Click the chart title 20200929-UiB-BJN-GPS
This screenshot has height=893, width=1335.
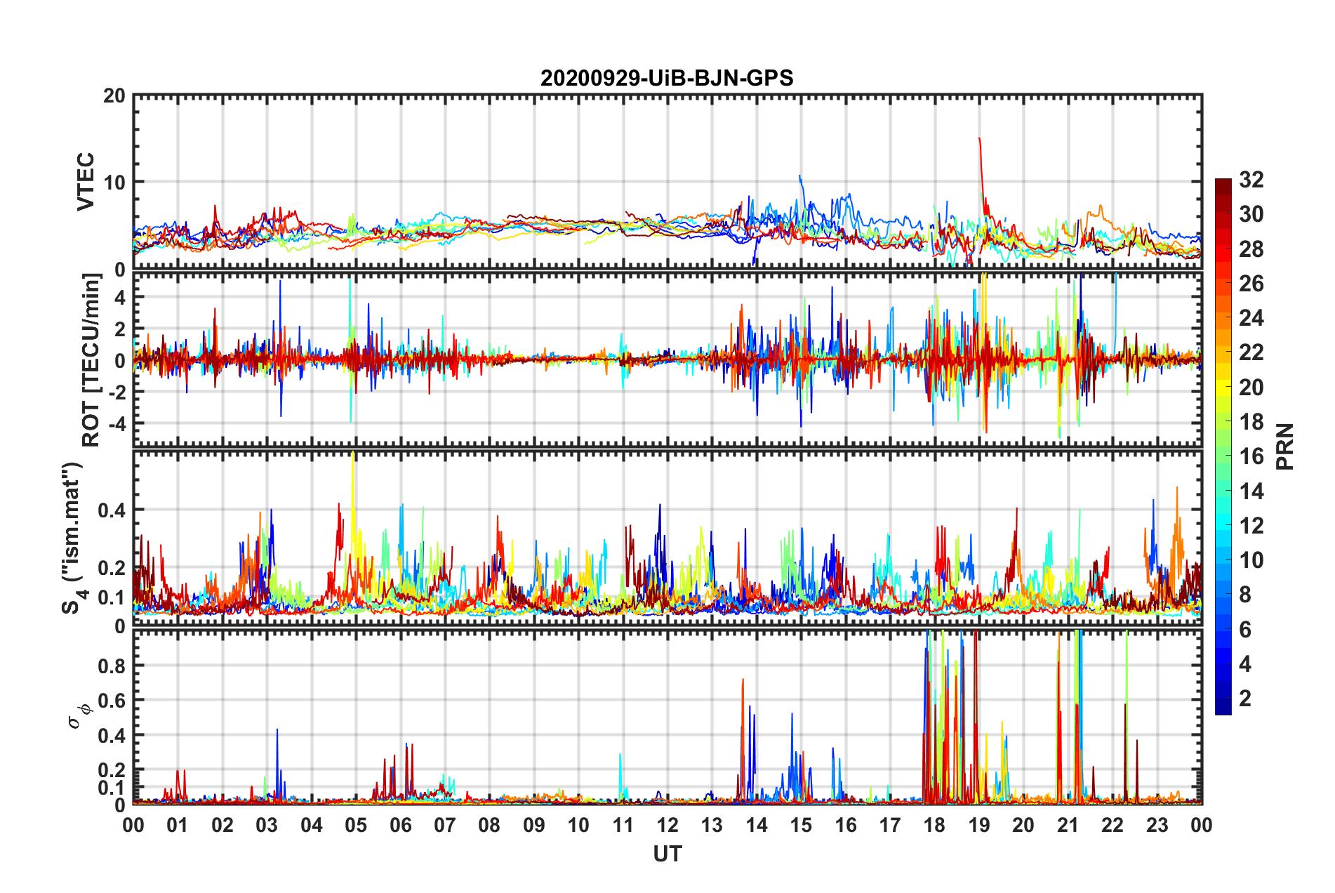667,78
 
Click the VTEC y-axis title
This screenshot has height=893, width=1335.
86,181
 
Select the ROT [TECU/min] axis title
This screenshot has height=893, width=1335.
91,359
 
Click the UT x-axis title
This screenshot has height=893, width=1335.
667,854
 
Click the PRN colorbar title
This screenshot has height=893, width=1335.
1285,446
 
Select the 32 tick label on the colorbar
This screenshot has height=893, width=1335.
1251,180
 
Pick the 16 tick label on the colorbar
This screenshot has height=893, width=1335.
1251,456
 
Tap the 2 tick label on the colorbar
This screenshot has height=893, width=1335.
1245,698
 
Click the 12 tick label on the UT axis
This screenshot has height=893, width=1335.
667,825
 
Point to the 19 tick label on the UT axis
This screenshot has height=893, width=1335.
979,825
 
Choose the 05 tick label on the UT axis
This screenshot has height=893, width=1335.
356,825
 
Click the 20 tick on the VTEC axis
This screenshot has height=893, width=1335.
114,96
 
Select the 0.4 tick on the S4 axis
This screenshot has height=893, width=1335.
111,510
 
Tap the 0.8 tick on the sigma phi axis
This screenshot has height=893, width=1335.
111,666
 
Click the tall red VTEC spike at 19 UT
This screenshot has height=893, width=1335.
980,144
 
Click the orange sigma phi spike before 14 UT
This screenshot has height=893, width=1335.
743,684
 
